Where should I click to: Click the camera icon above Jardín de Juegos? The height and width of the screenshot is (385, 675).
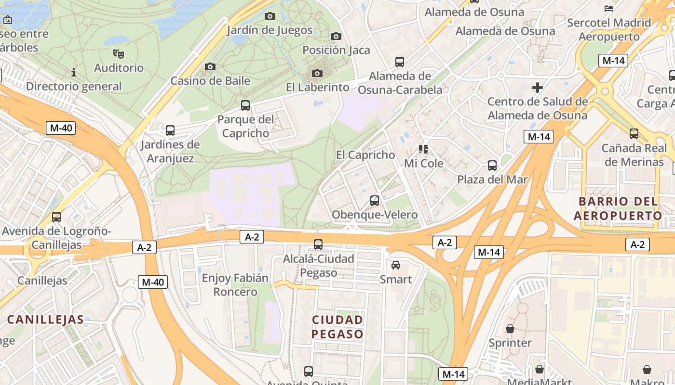pos(270,16)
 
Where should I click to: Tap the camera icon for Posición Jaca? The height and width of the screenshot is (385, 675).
pos(336,36)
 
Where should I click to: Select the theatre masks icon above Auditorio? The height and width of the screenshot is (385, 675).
pos(118,53)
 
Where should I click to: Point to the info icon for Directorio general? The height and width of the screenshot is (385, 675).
pos(74,72)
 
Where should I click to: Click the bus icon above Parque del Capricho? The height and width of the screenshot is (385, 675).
pos(245,105)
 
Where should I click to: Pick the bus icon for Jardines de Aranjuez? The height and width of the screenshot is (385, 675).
pos(170,130)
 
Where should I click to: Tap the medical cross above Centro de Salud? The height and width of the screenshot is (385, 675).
pos(538,88)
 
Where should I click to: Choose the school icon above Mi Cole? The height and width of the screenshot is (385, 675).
pos(423,149)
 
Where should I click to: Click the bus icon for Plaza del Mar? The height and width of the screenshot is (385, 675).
pos(492,166)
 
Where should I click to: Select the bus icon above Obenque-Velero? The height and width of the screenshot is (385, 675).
pos(375,201)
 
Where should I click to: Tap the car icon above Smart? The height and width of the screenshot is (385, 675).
pos(396,265)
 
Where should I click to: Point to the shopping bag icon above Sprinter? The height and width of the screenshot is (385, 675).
pos(510,329)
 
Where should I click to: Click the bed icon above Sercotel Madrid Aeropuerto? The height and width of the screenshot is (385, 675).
pos(609,8)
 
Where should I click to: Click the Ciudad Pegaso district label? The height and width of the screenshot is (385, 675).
pos(337,327)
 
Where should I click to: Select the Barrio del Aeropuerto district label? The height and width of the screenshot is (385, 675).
pos(618,208)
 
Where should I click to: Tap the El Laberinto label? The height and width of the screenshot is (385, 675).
pos(317,87)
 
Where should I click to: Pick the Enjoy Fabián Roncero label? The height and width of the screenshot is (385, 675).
pos(235,285)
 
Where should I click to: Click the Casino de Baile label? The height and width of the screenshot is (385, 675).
pos(210,80)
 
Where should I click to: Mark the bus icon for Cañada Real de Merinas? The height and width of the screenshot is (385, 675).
pos(634,134)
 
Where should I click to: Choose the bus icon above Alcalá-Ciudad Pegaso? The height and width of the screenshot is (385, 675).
pos(318,244)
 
